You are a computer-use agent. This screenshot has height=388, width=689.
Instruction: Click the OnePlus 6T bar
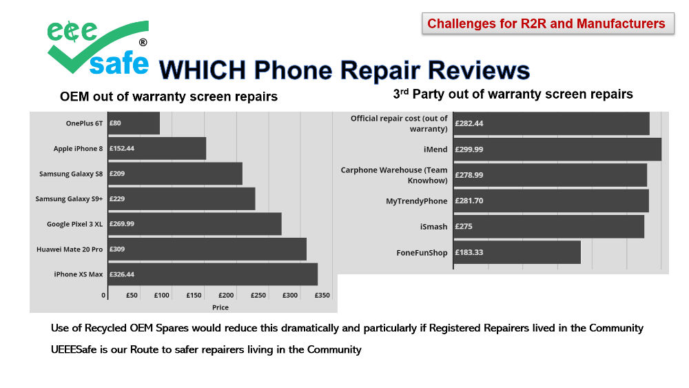pos(133,123)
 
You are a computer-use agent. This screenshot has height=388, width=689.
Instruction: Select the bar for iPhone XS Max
pos(212,274)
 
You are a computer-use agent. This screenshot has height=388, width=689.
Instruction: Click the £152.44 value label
pos(121,149)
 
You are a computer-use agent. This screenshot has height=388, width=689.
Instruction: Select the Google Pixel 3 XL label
pos(74,224)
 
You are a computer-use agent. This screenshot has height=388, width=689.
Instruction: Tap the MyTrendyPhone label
pos(416,201)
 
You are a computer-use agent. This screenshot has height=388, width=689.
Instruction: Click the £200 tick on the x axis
pos(226,295)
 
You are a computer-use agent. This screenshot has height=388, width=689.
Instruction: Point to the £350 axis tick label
pos(322,295)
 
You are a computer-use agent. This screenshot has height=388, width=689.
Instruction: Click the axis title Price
pos(220,307)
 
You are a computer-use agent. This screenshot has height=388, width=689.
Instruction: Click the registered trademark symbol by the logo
pos(143,42)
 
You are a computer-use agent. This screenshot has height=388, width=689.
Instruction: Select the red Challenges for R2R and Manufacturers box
pos(546,24)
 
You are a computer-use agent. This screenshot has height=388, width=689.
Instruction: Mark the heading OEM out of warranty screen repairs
pos(169,97)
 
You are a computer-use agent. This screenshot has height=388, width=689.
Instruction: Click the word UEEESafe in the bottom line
pos(77,349)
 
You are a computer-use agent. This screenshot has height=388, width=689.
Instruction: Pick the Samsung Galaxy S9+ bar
pos(181,199)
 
